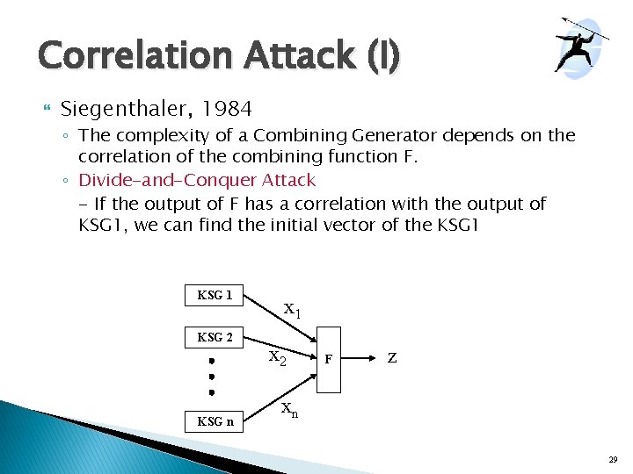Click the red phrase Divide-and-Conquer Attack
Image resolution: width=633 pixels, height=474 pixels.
pyautogui.click(x=197, y=180)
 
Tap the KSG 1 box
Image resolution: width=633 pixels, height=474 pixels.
pyautogui.click(x=215, y=295)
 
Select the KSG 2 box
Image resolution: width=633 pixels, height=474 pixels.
pyautogui.click(x=215, y=337)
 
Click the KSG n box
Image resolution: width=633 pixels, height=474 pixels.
pyautogui.click(x=215, y=420)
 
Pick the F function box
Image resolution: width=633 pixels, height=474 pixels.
pyautogui.click(x=328, y=359)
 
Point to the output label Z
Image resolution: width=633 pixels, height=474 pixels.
pyautogui.click(x=392, y=358)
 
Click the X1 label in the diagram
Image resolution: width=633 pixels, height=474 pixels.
pyautogui.click(x=293, y=310)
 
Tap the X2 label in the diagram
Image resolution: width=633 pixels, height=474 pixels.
pyautogui.click(x=277, y=357)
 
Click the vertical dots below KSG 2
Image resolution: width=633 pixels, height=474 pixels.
pyautogui.click(x=211, y=377)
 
